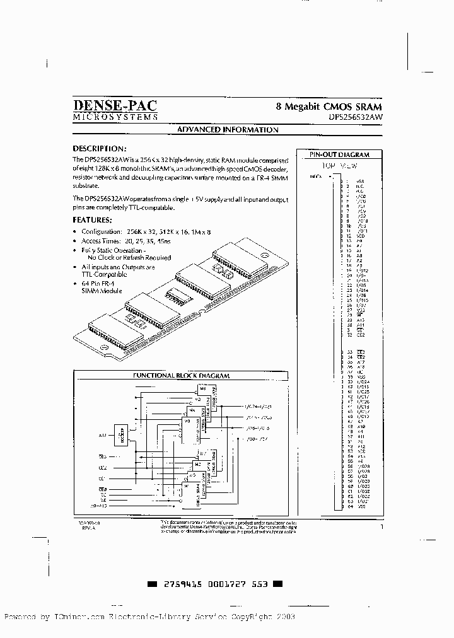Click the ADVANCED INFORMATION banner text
[x=227, y=130]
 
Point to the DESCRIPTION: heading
[x=100, y=149]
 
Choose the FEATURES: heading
[x=93, y=220]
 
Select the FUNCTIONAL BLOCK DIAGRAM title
[x=181, y=376]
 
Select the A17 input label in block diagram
[x=102, y=435]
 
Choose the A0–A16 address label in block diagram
[x=101, y=505]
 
